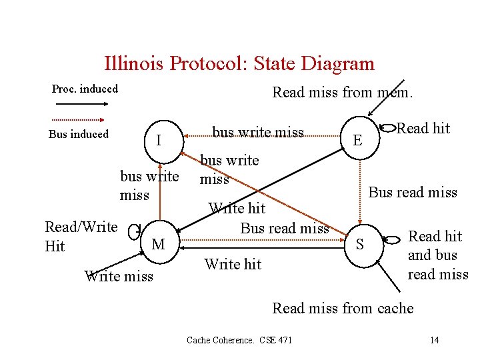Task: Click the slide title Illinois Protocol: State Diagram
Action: click(x=239, y=63)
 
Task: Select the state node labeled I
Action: click(x=158, y=141)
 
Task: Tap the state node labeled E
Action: click(x=358, y=140)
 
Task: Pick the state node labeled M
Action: click(x=158, y=245)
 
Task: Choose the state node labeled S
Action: click(x=360, y=245)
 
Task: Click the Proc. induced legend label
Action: click(x=85, y=89)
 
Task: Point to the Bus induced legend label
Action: click(x=79, y=134)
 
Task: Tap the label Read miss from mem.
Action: click(x=343, y=93)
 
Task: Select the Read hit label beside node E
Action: click(x=423, y=128)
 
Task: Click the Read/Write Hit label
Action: click(x=81, y=236)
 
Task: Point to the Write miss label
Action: click(x=119, y=276)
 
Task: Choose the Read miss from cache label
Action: click(x=343, y=308)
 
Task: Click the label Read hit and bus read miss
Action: click(x=437, y=255)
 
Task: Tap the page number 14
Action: click(x=434, y=341)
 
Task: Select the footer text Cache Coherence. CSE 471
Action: click(x=239, y=341)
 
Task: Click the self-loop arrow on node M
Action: click(x=135, y=231)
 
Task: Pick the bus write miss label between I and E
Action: click(x=258, y=133)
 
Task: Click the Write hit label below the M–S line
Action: click(x=233, y=264)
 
